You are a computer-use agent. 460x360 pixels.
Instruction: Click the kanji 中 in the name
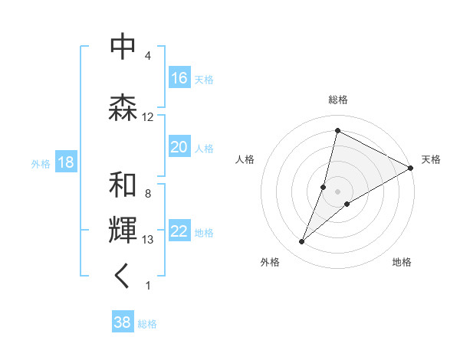[x=123, y=46]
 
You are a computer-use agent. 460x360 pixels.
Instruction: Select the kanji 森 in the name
[x=123, y=106]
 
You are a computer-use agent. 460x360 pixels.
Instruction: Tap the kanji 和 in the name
[x=123, y=185]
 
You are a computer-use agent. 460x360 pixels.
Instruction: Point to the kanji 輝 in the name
[x=123, y=230]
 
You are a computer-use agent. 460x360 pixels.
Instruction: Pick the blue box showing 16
[x=179, y=78]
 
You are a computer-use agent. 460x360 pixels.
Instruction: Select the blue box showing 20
[x=179, y=147]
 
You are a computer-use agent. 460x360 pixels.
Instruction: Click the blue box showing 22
[x=179, y=232]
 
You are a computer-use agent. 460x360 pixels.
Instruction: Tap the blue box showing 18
[x=66, y=162]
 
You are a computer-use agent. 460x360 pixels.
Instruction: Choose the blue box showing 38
[x=123, y=322]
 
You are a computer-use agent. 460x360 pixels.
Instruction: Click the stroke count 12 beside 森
[x=148, y=117]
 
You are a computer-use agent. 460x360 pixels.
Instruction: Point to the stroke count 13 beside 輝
[x=148, y=240]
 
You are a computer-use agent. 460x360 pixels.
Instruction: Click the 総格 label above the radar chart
[x=338, y=100]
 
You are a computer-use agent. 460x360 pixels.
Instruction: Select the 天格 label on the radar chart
[x=431, y=159]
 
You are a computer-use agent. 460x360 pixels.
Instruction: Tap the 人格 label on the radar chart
[x=245, y=159]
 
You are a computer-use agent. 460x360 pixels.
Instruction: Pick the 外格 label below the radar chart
[x=270, y=263]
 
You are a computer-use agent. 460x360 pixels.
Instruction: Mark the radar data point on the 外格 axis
[x=302, y=242]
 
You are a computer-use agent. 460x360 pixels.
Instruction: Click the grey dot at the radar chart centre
[x=338, y=191]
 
